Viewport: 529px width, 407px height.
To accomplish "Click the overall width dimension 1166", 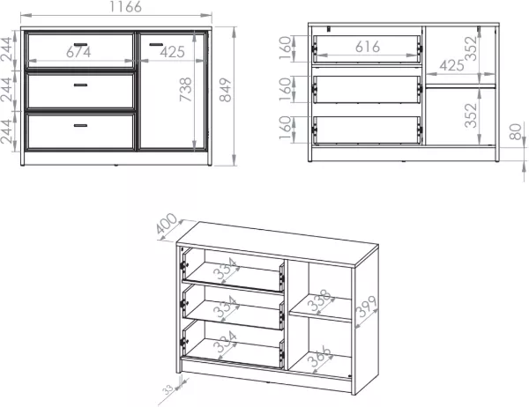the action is (125, 7).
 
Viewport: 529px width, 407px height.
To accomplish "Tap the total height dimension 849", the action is (226, 90).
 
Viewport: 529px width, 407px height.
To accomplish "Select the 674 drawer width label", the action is (78, 52).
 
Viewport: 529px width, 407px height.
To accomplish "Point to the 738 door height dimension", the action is (185, 89).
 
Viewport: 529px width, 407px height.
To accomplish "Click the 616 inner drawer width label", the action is (368, 47).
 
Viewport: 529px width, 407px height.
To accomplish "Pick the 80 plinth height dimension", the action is (516, 132).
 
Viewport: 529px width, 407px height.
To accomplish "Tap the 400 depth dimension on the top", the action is (167, 223).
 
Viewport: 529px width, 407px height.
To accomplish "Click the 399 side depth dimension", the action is (367, 307).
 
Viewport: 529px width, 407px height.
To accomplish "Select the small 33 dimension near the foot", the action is (168, 389).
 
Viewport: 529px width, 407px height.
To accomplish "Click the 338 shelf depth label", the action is (319, 300).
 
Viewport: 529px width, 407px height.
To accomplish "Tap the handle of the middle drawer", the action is (80, 85).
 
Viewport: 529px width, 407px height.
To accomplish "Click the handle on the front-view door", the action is (156, 44).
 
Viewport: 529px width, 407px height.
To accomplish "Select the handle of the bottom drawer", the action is (80, 125).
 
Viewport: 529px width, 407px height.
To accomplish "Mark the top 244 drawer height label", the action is (7, 49).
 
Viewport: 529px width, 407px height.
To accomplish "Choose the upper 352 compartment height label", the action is (471, 48).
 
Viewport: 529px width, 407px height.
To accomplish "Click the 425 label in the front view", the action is (173, 52).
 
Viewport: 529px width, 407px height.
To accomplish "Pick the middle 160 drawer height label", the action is (286, 89).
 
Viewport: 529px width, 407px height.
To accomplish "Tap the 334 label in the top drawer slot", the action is (226, 269).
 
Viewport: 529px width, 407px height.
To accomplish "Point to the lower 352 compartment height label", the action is (471, 115).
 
